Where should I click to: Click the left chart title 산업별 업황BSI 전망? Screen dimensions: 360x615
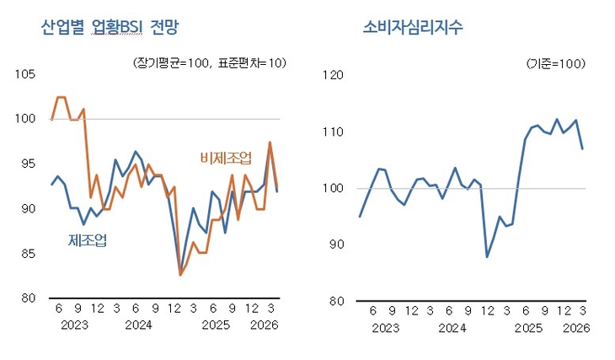111,27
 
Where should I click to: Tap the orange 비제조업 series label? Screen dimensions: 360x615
226,158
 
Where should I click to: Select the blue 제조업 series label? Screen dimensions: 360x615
88,241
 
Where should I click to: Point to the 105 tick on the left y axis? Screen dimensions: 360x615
25,74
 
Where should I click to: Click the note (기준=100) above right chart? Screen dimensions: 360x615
555,64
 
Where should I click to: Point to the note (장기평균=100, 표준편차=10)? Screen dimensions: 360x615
210,64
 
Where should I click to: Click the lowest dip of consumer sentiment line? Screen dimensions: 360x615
487,256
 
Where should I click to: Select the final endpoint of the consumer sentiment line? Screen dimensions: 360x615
582,148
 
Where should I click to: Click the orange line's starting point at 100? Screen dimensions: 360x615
51,120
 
